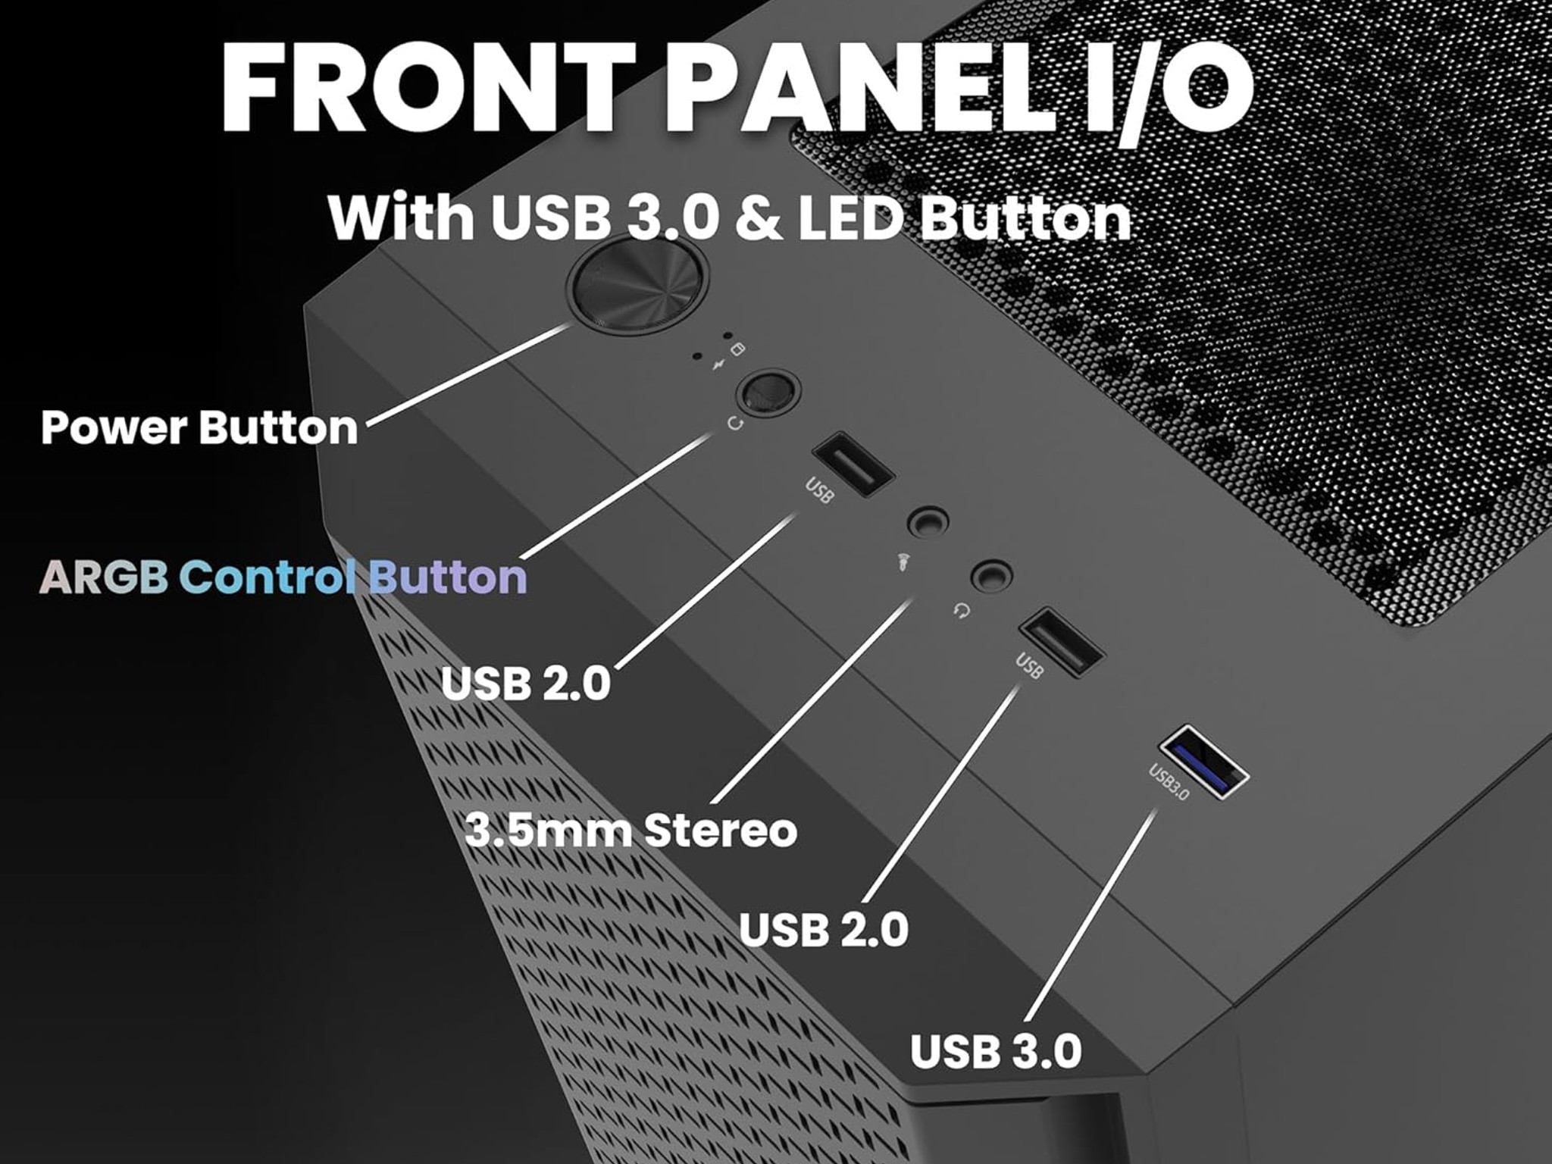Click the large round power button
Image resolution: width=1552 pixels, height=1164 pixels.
pyautogui.click(x=637, y=284)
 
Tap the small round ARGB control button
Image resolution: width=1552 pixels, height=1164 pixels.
pyautogui.click(x=768, y=392)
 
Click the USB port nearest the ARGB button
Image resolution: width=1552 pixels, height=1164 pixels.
pyautogui.click(x=853, y=464)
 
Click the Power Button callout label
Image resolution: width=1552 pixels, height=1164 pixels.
pyautogui.click(x=199, y=427)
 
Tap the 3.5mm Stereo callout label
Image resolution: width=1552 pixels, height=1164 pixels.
pyautogui.click(x=630, y=830)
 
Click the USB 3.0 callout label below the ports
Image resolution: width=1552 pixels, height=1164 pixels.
pyautogui.click(x=996, y=1051)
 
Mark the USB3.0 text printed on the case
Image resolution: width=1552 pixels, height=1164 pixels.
pyautogui.click(x=1169, y=782)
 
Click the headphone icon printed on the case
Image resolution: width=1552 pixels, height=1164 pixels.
pyautogui.click(x=962, y=610)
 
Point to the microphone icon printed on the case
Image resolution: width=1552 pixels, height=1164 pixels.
pyautogui.click(x=902, y=562)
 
